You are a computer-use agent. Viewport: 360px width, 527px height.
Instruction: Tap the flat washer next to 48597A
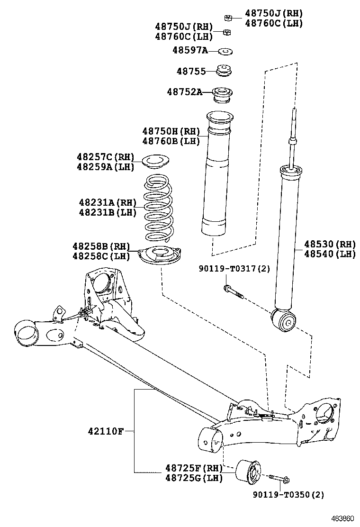pos(225,50)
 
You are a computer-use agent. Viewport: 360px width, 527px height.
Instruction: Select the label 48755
pos(191,72)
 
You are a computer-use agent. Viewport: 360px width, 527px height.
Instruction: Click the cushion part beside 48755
pos(224,71)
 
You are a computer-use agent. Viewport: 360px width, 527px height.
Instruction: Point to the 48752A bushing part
pos(223,93)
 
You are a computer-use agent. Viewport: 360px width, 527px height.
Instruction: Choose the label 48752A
pos(184,92)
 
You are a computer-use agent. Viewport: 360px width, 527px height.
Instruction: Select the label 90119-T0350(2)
pos(288,495)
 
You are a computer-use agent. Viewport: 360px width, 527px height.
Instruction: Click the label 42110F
pos(105,431)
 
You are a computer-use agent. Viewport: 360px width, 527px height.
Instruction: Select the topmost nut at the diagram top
pos(227,18)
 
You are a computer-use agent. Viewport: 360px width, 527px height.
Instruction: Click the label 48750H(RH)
pos(171,131)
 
